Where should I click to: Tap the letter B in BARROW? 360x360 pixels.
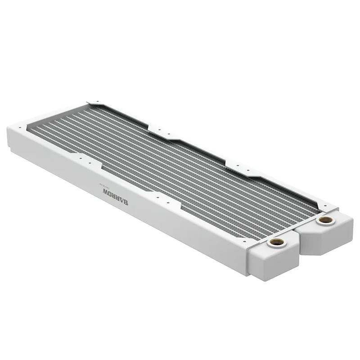125,202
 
